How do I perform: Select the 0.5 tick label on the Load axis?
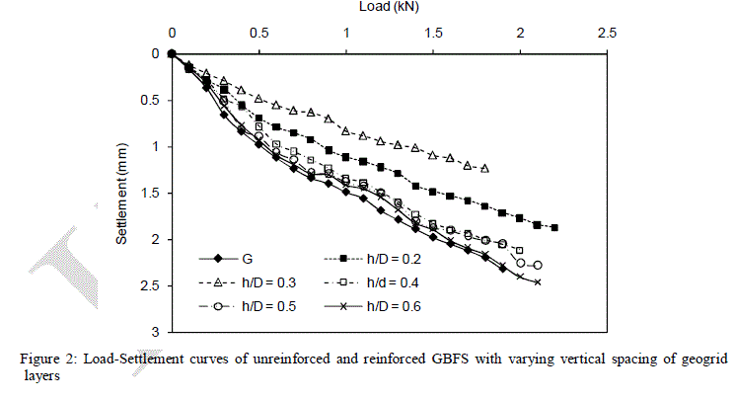(258, 34)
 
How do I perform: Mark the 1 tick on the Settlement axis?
(155, 146)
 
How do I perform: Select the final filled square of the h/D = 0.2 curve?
(554, 228)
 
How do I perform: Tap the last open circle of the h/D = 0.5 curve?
(538, 266)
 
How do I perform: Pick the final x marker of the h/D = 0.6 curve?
(538, 282)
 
